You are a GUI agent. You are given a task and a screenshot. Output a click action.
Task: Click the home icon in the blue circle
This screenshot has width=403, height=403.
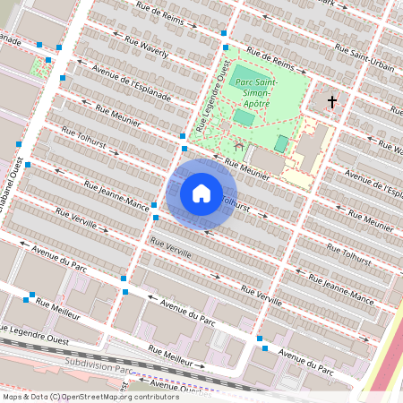(x=201, y=193)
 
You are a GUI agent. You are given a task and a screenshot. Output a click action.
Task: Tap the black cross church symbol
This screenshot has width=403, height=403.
(x=332, y=102)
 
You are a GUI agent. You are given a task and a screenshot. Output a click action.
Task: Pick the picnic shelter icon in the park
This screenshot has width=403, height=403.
(x=237, y=144)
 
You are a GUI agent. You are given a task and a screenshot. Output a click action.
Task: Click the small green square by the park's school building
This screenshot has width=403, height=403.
(x=281, y=143)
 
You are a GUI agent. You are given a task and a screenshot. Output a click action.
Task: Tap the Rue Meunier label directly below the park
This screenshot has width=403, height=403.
(x=247, y=167)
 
